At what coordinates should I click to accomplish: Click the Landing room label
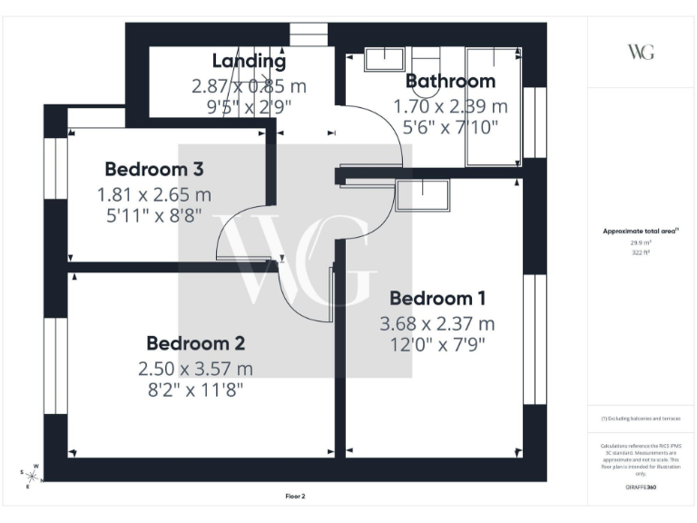(249, 62)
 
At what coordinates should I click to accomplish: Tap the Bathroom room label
(450, 81)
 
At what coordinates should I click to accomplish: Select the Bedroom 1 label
(437, 298)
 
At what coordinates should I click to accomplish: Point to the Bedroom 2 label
(195, 343)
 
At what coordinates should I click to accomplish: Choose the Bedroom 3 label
(153, 169)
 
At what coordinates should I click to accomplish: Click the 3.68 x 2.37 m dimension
(437, 323)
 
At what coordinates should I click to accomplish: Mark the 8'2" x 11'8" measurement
(195, 390)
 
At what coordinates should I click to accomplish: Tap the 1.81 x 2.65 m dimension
(153, 194)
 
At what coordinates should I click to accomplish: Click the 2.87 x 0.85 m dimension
(249, 86)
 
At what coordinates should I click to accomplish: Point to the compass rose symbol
(30, 476)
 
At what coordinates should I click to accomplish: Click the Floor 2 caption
(295, 497)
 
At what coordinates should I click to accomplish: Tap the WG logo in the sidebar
(641, 51)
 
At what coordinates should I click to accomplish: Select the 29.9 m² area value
(641, 243)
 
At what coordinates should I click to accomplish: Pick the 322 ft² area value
(641, 252)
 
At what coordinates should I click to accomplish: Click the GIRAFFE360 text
(641, 488)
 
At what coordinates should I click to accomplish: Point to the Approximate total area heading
(641, 232)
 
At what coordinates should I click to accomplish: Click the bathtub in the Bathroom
(492, 106)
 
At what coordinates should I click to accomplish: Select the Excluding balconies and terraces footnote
(641, 419)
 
